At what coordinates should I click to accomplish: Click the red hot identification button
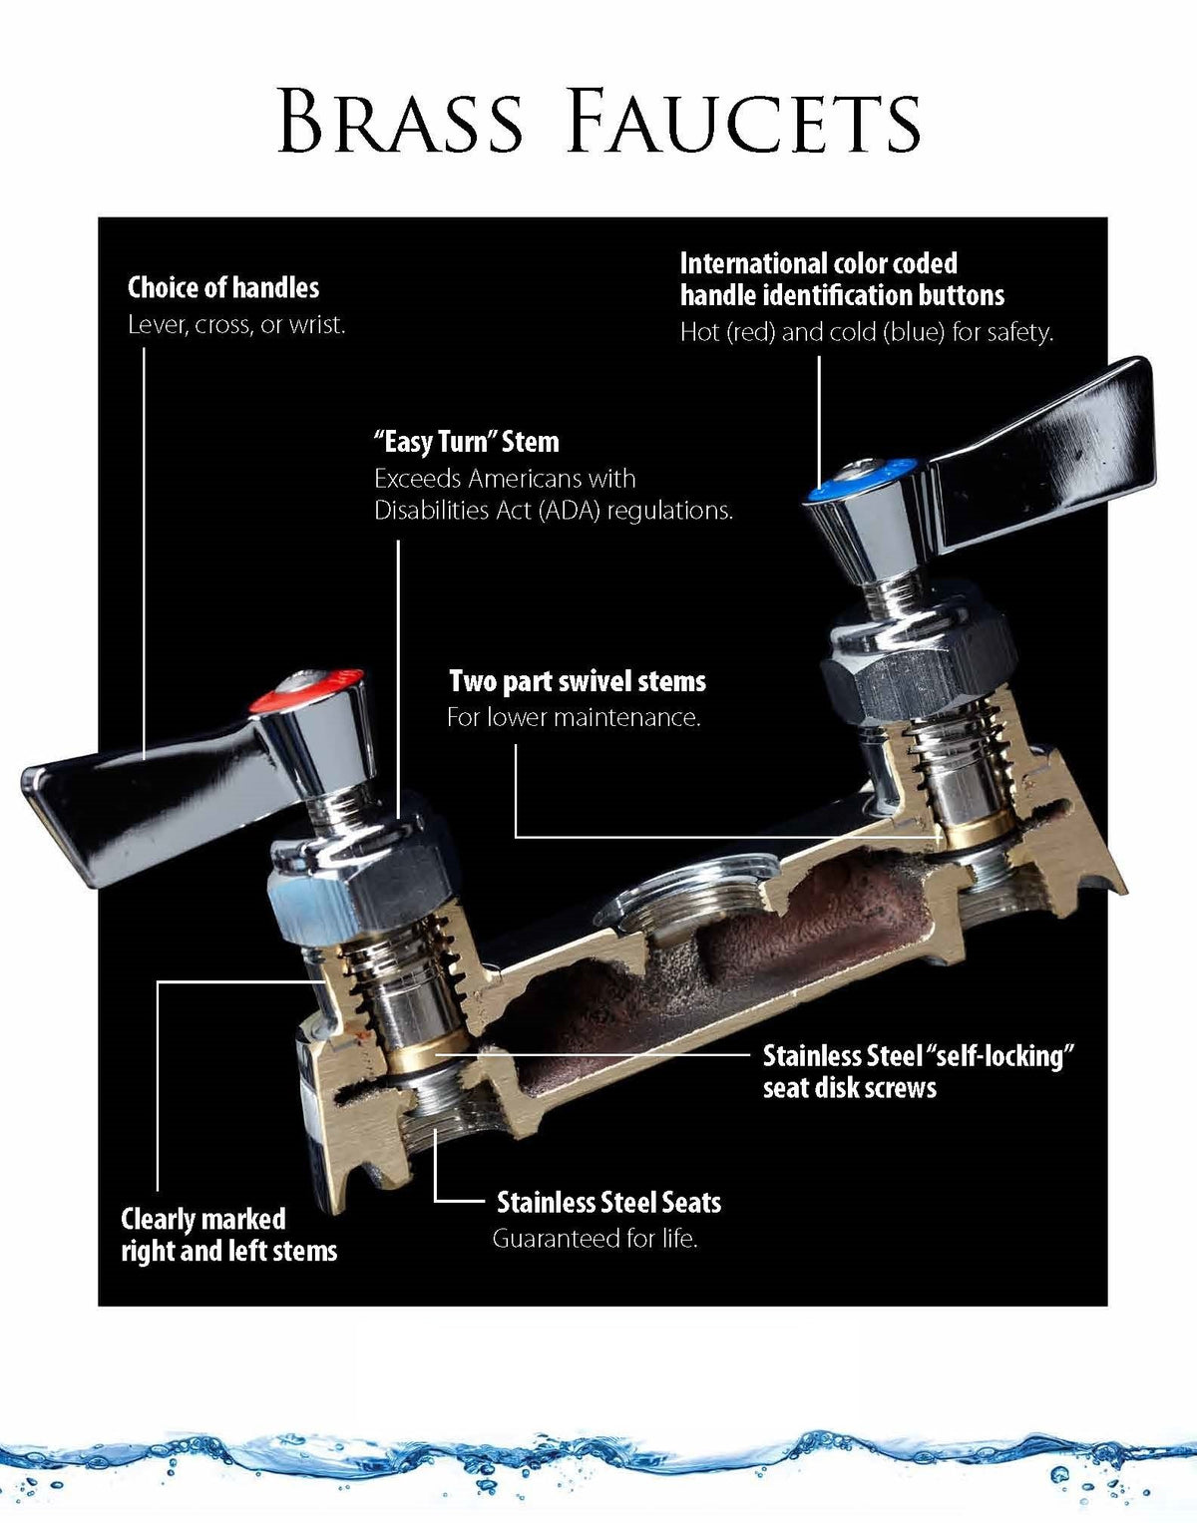307,691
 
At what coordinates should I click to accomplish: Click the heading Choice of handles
222,287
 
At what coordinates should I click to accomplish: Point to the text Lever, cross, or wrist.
236,324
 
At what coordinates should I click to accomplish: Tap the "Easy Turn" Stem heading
467,442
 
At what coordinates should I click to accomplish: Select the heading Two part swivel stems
578,681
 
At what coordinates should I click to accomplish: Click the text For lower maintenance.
574,717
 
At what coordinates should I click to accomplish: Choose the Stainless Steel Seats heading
609,1202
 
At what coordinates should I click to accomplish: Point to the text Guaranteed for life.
595,1239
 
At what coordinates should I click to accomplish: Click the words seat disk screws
850,1088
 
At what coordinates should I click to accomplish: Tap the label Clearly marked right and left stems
229,1235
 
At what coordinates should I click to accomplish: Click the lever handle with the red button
197,778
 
